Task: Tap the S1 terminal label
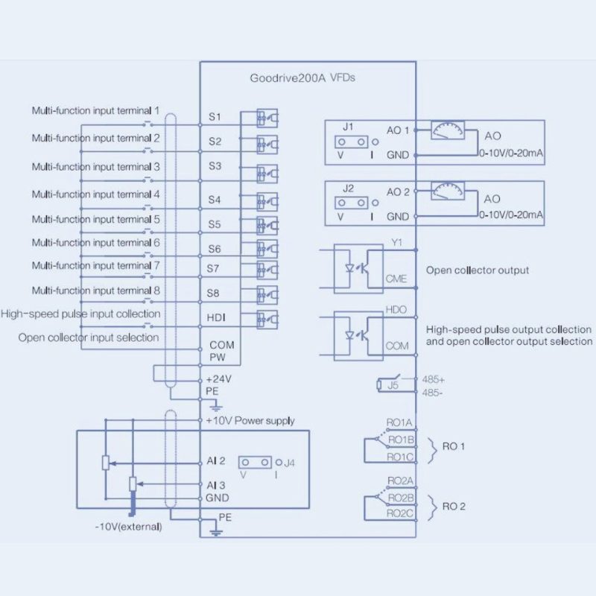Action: [215, 117]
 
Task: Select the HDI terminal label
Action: [216, 317]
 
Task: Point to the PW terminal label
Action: [218, 358]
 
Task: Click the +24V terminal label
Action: [218, 379]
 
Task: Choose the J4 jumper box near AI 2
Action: [255, 462]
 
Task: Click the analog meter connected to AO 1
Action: [448, 130]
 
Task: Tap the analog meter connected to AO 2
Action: [448, 191]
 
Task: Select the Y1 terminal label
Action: [397, 243]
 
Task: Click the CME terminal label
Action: [396, 279]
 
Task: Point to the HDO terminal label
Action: [396, 310]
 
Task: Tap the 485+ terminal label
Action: [434, 380]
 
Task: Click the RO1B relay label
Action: [401, 440]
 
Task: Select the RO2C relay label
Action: [399, 513]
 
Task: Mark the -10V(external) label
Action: [128, 527]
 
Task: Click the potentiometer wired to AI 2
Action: [106, 463]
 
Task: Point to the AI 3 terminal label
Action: [216, 485]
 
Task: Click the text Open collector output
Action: [478, 270]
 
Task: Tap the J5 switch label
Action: [393, 385]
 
